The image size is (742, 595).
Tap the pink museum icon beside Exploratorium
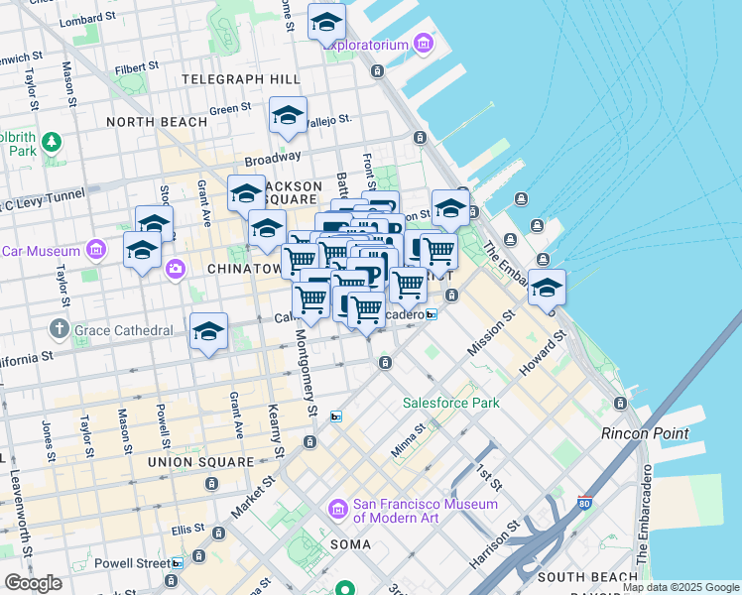tap(424, 43)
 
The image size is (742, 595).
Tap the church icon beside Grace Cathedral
tap(59, 327)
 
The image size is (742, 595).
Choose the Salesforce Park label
tap(451, 403)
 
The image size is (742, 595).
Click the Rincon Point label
tap(638, 433)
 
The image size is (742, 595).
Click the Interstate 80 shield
tap(585, 507)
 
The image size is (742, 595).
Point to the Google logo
tap(33, 583)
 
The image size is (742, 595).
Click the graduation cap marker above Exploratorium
tap(326, 22)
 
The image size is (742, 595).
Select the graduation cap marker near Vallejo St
tap(288, 114)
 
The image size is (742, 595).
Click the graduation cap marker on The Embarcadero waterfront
tap(547, 287)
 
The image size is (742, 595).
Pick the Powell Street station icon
tap(177, 563)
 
